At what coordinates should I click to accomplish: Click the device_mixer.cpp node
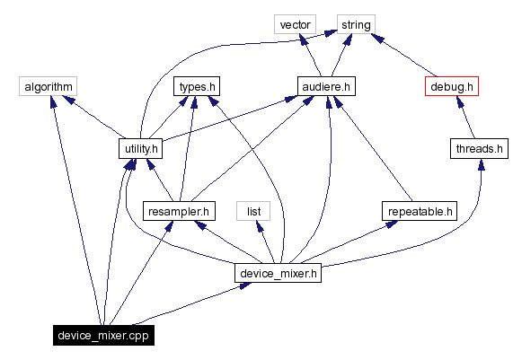click(102, 336)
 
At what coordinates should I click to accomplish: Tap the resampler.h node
click(180, 212)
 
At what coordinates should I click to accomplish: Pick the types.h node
click(197, 86)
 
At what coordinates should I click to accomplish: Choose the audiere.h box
click(325, 86)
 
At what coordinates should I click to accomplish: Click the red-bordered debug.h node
click(450, 86)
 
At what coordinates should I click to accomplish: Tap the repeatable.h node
click(419, 212)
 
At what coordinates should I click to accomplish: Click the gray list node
click(252, 212)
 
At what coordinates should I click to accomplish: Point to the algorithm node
click(48, 86)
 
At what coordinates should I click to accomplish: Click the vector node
click(296, 24)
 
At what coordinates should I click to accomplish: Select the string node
click(356, 24)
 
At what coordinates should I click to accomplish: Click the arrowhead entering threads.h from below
click(482, 165)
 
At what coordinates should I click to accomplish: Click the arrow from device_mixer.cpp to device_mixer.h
click(189, 306)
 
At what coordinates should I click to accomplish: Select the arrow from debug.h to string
click(404, 56)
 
